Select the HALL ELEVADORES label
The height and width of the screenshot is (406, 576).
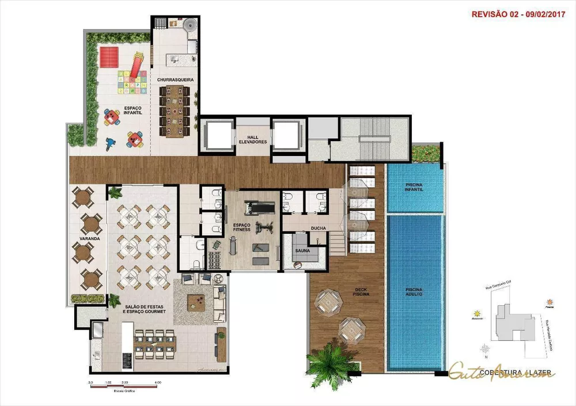click(253, 138)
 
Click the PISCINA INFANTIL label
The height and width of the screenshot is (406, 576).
click(415, 187)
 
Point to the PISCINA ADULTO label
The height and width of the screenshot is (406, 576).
click(414, 291)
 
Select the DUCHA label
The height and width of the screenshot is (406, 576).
click(319, 228)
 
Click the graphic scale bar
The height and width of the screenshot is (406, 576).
click(124, 386)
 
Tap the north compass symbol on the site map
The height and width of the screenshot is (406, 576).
click(486, 348)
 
